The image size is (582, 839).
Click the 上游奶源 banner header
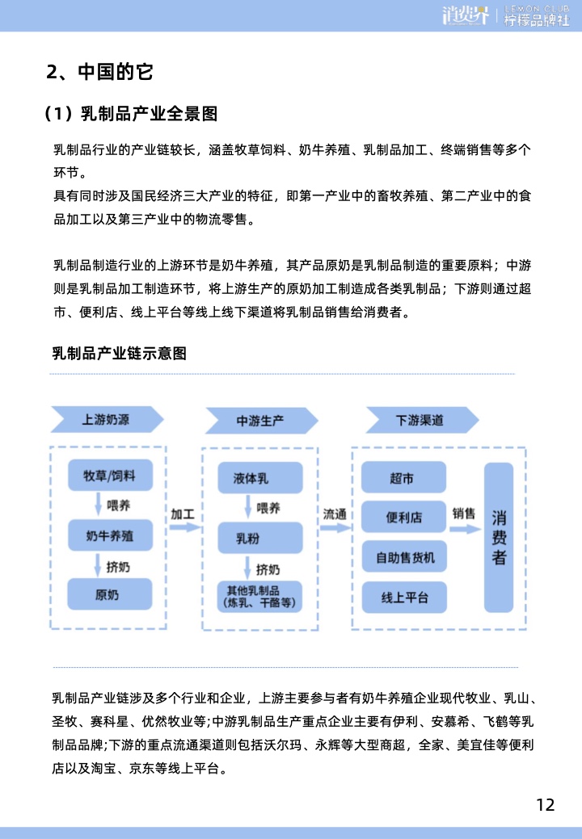click(107, 420)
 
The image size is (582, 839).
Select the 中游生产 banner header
click(262, 421)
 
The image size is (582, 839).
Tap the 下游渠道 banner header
click(422, 420)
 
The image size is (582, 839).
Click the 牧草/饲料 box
click(110, 475)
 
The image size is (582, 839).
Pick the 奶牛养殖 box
click(110, 535)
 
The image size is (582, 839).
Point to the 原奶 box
click(110, 594)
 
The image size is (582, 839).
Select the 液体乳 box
click(260, 478)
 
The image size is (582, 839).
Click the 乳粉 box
click(260, 539)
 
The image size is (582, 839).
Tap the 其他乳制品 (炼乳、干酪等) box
click(259, 597)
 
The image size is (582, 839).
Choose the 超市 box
click(403, 477)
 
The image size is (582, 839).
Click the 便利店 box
click(403, 517)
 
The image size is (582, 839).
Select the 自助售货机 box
click(404, 557)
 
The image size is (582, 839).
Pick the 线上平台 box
click(404, 597)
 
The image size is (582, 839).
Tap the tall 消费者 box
click(499, 538)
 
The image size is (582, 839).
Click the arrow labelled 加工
click(185, 527)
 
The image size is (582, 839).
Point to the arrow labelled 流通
click(336, 528)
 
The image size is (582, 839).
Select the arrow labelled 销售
click(466, 529)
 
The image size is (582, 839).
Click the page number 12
click(546, 805)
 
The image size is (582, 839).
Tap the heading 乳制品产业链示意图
click(120, 353)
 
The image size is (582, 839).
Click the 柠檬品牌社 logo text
click(537, 20)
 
